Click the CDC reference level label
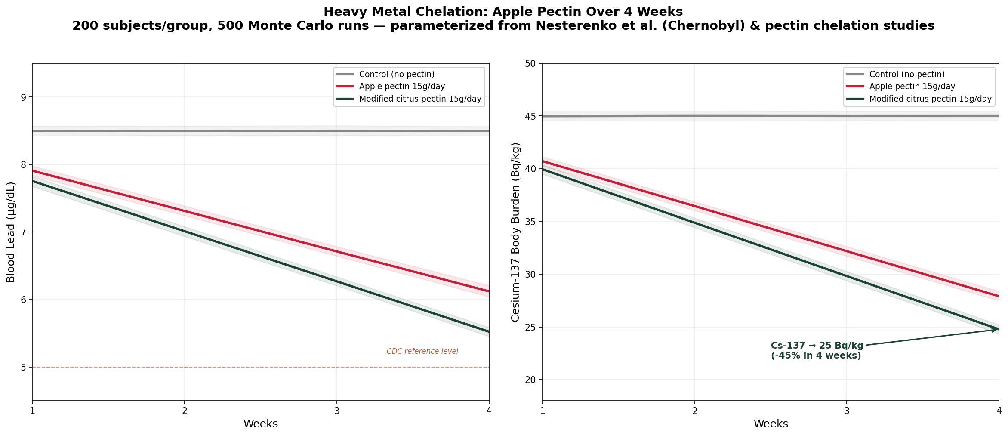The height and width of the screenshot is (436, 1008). coord(422,351)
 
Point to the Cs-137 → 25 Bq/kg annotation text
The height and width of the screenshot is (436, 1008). coord(817,351)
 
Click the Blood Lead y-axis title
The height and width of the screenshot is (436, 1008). coord(11,232)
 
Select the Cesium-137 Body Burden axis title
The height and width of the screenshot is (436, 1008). coord(515,232)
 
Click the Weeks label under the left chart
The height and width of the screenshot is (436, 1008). coord(261,424)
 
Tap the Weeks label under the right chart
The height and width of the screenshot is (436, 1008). coord(771,424)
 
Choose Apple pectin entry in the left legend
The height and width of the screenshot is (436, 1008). coord(402,87)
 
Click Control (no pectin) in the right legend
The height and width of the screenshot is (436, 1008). coord(907,74)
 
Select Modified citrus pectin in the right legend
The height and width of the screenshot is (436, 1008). coord(930,99)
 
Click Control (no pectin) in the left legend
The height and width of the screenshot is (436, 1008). coord(397,74)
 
